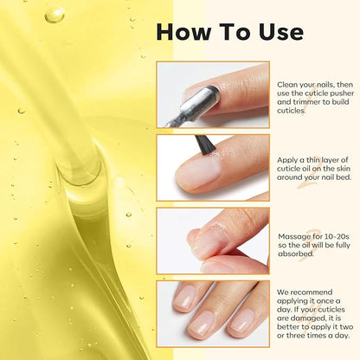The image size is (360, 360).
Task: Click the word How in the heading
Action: [181, 32]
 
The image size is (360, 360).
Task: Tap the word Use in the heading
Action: [279, 32]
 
